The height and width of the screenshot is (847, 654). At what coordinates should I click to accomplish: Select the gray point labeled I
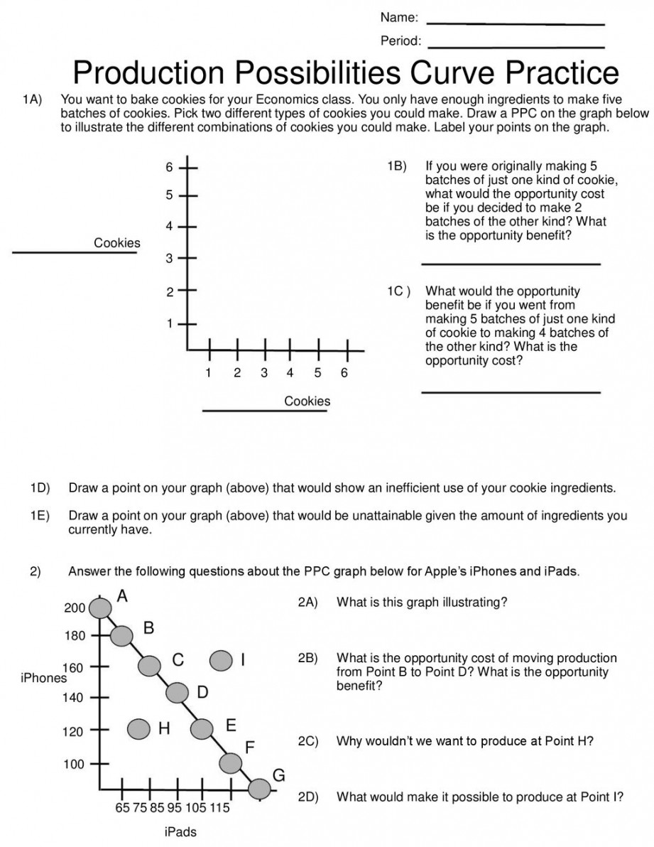click(221, 660)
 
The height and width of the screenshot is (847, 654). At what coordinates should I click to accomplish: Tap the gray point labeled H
click(139, 728)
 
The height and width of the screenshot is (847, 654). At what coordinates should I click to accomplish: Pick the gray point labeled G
click(260, 788)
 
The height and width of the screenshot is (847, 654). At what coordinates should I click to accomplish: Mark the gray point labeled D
click(177, 691)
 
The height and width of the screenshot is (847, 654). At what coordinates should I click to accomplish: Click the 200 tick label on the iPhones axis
click(75, 608)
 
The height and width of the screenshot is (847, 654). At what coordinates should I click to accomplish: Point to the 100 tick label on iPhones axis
click(75, 765)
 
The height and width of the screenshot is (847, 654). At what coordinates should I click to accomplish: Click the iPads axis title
click(180, 832)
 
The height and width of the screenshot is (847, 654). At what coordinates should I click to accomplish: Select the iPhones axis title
click(43, 678)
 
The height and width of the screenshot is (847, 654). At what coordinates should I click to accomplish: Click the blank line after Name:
click(516, 24)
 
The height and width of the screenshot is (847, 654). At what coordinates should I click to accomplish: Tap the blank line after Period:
click(516, 48)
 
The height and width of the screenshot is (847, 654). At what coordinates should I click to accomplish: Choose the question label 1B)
click(397, 166)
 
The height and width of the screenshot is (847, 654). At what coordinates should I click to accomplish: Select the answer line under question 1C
click(511, 392)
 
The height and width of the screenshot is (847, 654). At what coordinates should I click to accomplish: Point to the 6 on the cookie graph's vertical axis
click(170, 168)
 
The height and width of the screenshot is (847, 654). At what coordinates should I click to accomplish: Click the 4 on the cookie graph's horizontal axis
click(290, 373)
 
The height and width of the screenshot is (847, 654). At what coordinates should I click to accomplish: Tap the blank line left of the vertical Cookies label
click(75, 252)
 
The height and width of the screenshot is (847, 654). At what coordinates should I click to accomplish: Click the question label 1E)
click(40, 517)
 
